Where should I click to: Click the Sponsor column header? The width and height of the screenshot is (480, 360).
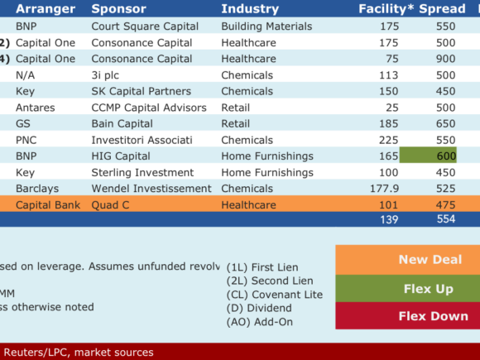(x=119, y=9)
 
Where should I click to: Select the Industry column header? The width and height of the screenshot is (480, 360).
(x=250, y=9)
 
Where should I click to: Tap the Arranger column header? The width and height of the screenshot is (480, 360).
(x=46, y=9)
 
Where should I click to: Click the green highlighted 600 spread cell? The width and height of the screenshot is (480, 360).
(x=428, y=155)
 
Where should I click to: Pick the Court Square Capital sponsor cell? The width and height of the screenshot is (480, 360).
(x=145, y=26)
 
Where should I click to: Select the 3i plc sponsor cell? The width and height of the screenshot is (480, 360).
(x=105, y=75)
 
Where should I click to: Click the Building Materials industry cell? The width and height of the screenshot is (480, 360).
(x=266, y=26)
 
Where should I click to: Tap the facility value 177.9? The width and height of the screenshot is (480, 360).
(x=384, y=189)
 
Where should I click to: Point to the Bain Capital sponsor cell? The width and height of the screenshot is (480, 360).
(x=122, y=123)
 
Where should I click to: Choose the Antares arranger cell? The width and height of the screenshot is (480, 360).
(x=36, y=108)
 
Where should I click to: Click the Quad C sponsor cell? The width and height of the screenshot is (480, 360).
(x=110, y=204)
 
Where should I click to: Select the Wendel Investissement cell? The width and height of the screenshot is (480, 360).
(x=151, y=189)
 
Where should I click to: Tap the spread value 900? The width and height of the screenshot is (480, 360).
(x=445, y=59)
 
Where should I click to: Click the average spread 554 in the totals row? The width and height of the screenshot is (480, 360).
(x=446, y=218)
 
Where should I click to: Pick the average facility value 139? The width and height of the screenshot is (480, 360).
(x=389, y=219)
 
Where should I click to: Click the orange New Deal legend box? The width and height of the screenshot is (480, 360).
(x=408, y=260)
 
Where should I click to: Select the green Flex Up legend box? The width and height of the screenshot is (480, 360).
(x=408, y=288)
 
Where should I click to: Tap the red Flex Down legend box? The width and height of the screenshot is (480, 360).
(x=408, y=315)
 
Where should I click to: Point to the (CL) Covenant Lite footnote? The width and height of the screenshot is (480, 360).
(x=275, y=295)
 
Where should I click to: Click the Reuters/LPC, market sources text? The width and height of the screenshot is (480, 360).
(x=79, y=353)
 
